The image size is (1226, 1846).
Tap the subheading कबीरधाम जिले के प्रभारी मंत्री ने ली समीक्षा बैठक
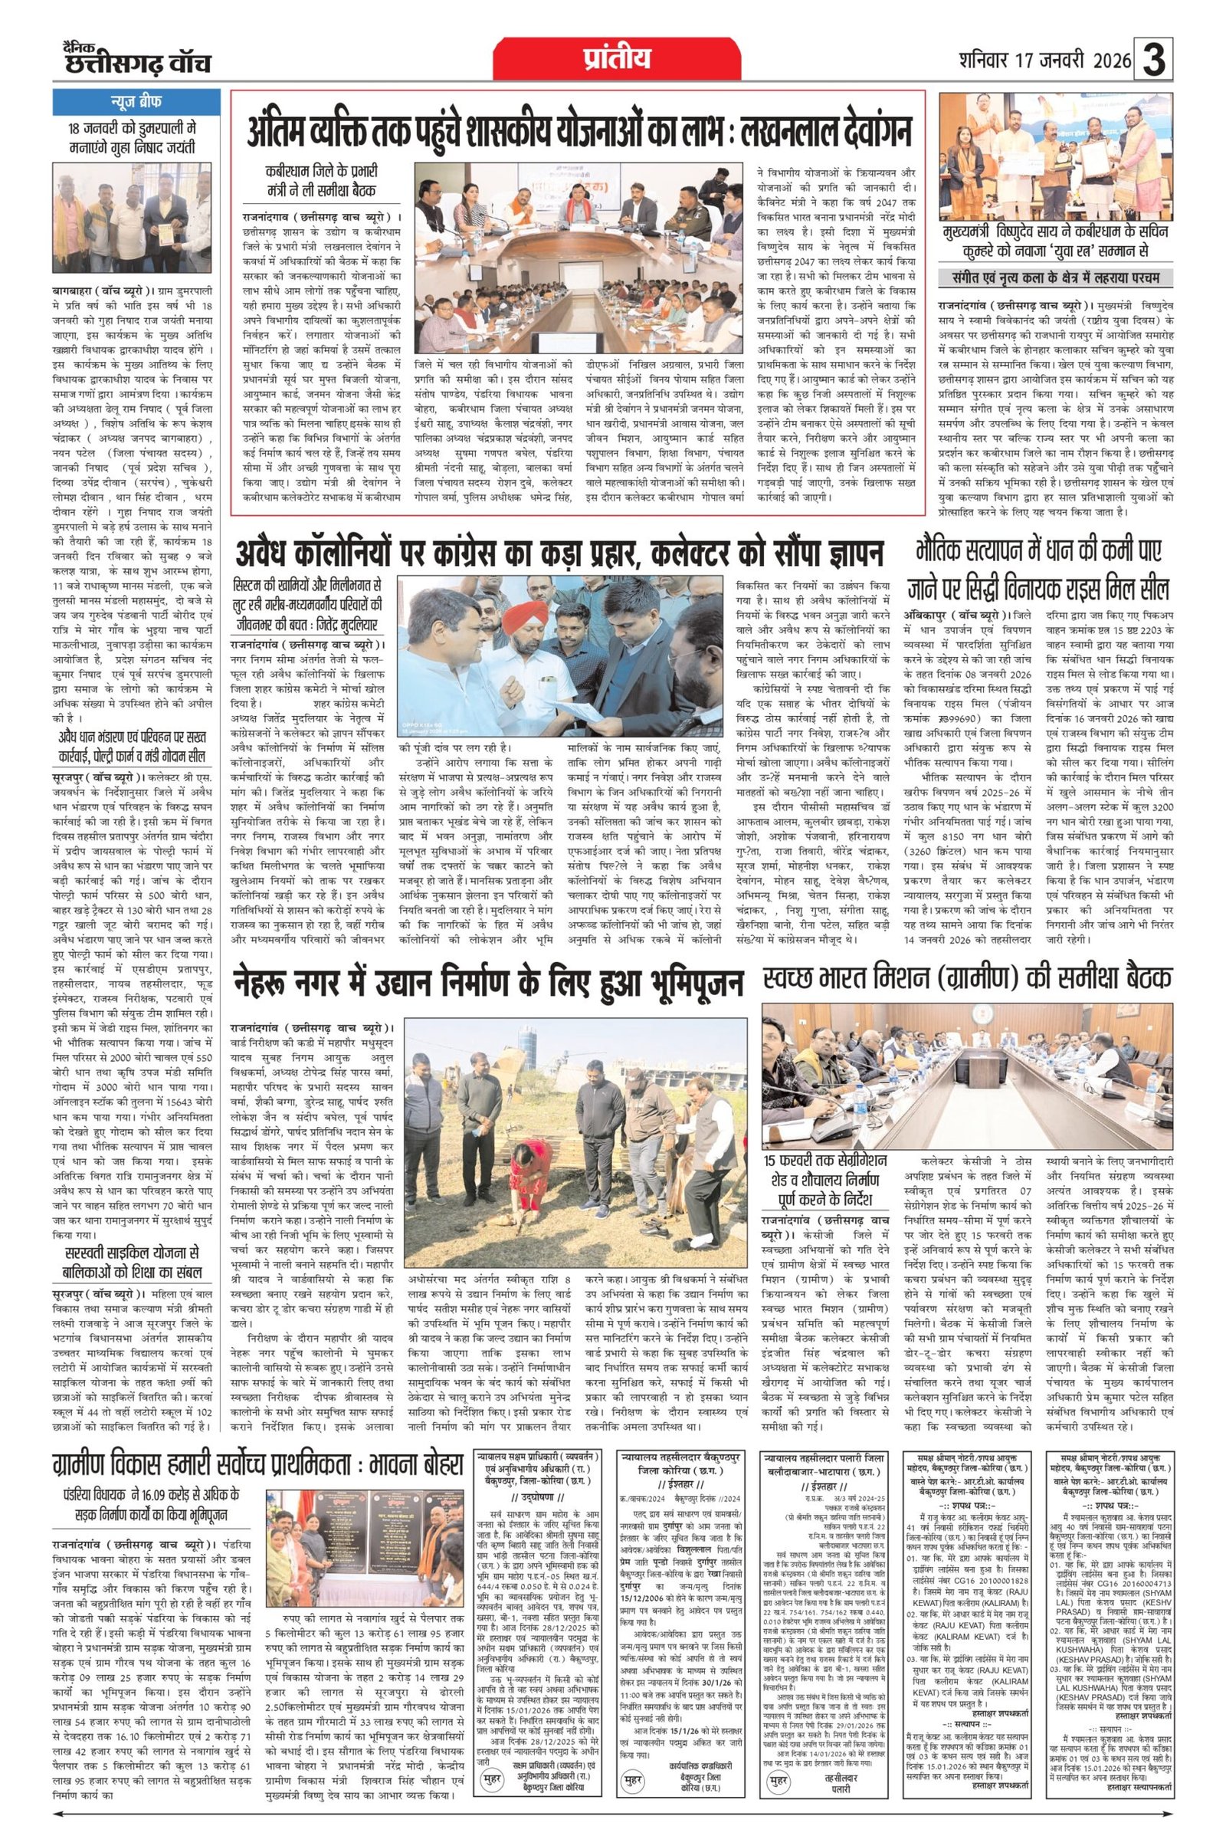pos(321,182)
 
